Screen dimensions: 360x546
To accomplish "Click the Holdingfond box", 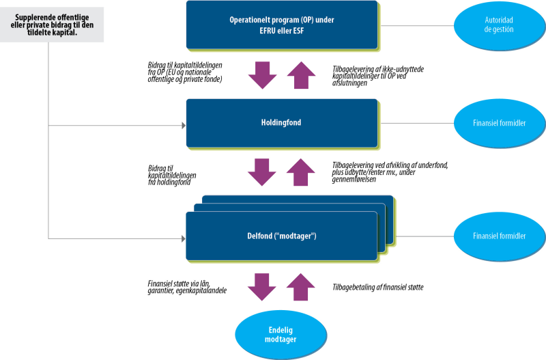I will (281, 123).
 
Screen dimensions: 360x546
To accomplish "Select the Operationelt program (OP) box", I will (281, 25).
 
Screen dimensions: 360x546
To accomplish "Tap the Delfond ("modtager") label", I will (281, 236).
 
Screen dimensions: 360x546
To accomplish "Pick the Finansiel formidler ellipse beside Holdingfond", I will (500, 123).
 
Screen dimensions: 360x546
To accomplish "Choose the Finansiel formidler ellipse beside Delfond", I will (500, 236).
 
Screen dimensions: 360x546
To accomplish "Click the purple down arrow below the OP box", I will (261, 75).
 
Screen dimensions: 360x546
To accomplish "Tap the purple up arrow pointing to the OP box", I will (300, 74).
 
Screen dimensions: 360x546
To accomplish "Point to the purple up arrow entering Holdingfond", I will (300, 171).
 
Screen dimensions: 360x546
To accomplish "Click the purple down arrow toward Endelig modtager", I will (261, 287).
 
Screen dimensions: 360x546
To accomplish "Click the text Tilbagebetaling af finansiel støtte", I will (378, 287).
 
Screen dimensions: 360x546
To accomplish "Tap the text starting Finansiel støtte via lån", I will (188, 287).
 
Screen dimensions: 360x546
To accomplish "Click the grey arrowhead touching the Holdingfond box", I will (183, 126).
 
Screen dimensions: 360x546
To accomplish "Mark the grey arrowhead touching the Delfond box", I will (183, 238).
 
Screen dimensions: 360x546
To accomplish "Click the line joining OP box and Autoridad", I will (416, 26).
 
